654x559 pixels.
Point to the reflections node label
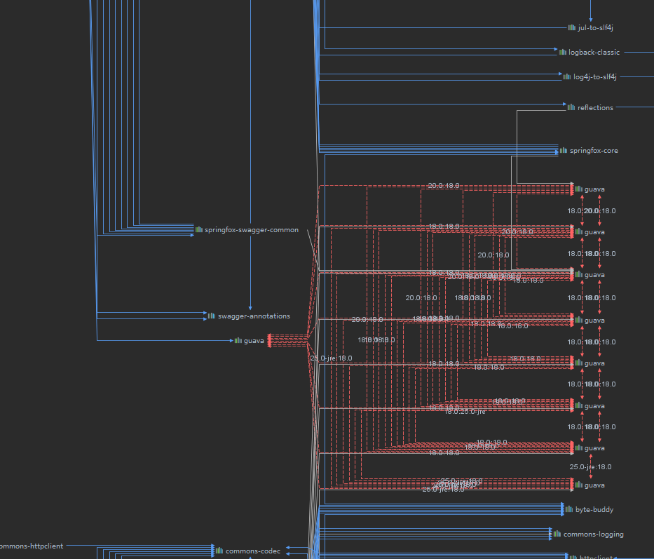click(595, 108)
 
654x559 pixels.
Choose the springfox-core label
click(594, 151)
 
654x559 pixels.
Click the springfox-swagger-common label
click(251, 230)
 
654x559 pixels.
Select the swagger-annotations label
click(254, 316)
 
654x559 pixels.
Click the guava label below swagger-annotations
click(254, 341)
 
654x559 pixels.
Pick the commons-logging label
click(593, 534)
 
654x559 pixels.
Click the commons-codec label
click(252, 551)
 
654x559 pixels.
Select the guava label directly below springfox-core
click(594, 189)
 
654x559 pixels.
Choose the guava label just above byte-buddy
click(594, 485)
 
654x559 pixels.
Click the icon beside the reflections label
click(571, 107)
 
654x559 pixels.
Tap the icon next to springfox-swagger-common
click(199, 229)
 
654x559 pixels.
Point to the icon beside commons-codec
click(219, 551)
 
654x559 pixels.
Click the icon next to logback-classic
click(563, 52)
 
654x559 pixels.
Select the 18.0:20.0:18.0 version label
click(592, 211)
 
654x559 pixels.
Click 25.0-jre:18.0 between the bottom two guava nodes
click(590, 467)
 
